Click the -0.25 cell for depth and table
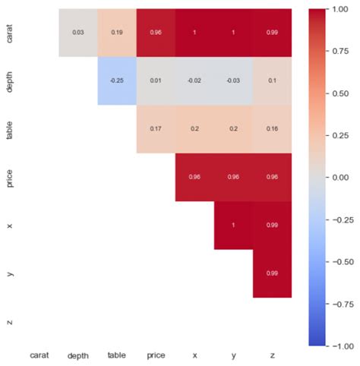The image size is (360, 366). coord(118,81)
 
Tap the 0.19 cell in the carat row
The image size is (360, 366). coord(118,33)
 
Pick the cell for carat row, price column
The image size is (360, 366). coord(156,33)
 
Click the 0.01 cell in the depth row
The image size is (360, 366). coord(156,81)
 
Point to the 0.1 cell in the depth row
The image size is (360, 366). coord(272,81)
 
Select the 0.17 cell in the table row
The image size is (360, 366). coord(156,129)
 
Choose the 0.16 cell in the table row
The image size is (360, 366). coord(272,129)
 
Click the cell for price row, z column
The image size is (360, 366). coord(272,178)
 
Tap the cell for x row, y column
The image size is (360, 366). coord(233,226)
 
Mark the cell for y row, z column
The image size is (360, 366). coord(272,273)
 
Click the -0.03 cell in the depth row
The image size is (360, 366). coord(233,81)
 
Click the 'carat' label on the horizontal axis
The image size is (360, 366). coord(40,355)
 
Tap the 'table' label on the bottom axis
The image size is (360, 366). coord(118,355)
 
